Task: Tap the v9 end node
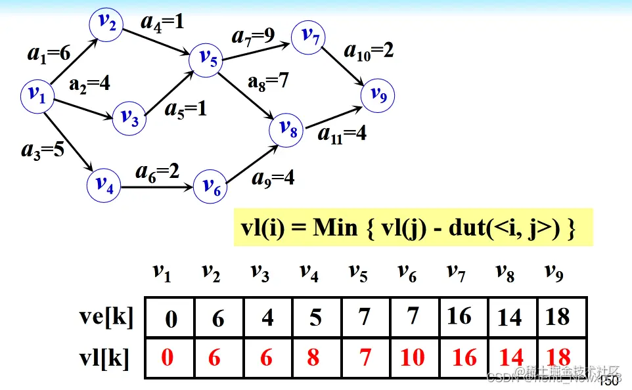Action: (x=378, y=96)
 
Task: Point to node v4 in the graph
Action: (x=104, y=184)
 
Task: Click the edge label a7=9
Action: (x=253, y=35)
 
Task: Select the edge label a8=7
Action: (x=268, y=82)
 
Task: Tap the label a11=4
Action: (x=342, y=134)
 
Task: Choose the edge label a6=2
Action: (x=157, y=172)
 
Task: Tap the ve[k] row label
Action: (x=104, y=316)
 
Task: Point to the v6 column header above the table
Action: (x=407, y=272)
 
